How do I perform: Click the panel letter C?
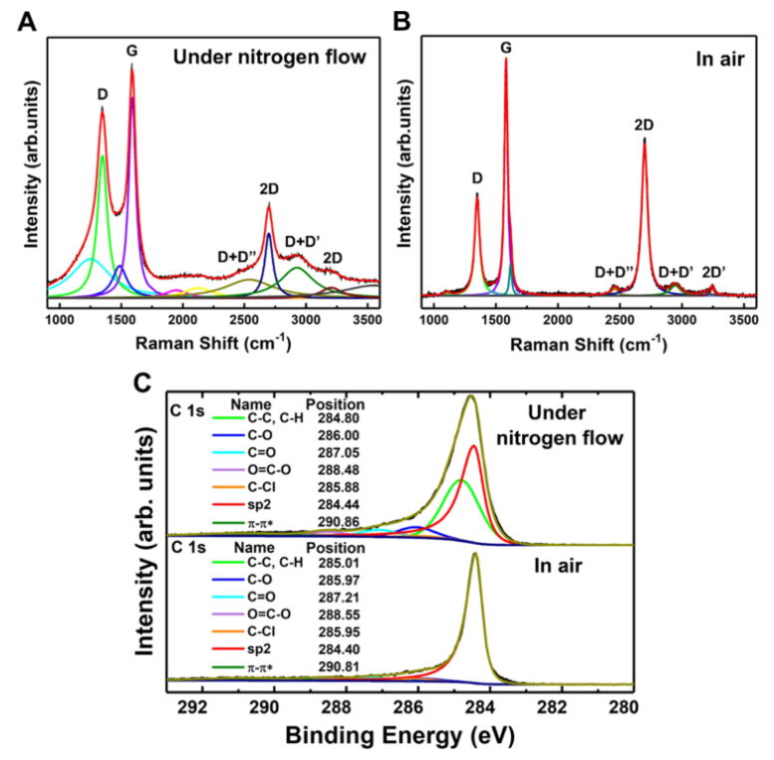click(146, 383)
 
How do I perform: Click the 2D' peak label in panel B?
click(713, 271)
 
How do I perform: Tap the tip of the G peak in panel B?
click(506, 59)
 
